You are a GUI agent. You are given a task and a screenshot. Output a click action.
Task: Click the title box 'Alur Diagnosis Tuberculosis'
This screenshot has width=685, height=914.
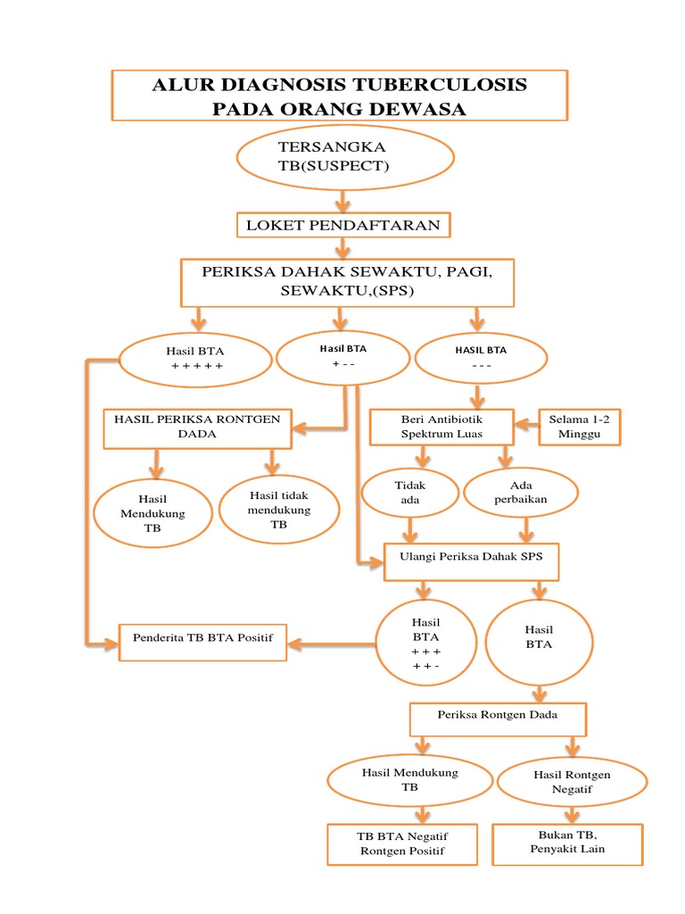pos(338,96)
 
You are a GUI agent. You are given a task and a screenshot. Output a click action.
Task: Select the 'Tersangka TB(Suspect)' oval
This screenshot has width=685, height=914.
pos(345,157)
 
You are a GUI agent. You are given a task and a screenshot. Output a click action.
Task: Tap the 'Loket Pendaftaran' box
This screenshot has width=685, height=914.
pos(343,225)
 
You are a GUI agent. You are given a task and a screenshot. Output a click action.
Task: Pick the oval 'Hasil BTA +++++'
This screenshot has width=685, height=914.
pos(195,358)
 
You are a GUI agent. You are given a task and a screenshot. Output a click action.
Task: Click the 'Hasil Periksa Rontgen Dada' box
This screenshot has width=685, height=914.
pos(197,428)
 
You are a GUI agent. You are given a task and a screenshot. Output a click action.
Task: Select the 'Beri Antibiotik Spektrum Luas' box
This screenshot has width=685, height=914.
pos(442,427)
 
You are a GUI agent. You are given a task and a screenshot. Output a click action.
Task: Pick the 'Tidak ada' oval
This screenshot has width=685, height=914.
pos(409,493)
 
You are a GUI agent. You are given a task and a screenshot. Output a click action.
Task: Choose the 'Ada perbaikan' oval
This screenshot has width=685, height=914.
pos(520,493)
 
